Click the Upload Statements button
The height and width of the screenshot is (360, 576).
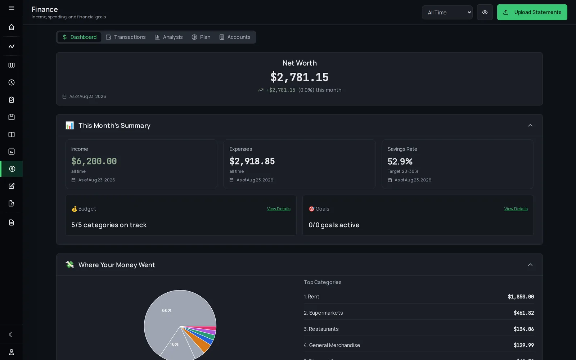click(x=532, y=12)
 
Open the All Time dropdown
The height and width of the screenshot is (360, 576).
click(x=447, y=12)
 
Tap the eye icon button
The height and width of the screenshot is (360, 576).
click(x=485, y=12)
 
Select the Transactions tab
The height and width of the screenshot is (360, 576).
click(x=126, y=37)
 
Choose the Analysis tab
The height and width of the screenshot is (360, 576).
click(x=169, y=37)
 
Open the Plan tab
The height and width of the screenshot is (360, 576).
click(x=201, y=37)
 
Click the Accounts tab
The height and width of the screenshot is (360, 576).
click(x=235, y=37)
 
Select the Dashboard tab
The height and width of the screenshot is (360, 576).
click(x=80, y=37)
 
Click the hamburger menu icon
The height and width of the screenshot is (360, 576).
click(x=11, y=8)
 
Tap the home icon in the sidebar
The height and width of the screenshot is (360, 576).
click(x=11, y=27)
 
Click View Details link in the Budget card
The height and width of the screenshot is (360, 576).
click(x=279, y=209)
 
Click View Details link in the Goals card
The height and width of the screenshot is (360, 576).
click(x=516, y=209)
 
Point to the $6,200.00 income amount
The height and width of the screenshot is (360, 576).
click(x=94, y=161)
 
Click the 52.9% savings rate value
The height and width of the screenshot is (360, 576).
click(x=400, y=162)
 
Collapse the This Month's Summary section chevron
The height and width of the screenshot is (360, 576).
click(x=530, y=126)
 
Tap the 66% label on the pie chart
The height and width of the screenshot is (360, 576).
click(x=167, y=310)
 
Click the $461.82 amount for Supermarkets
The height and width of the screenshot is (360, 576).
click(x=523, y=313)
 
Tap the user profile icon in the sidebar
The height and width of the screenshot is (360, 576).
click(x=11, y=352)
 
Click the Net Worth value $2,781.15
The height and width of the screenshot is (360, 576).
click(x=299, y=77)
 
